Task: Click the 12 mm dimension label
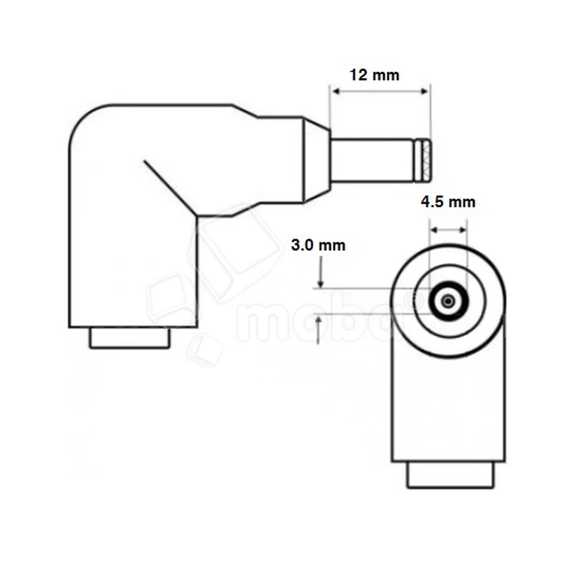pos(375,75)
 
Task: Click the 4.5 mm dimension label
pos(448,202)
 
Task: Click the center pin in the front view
pos(447,302)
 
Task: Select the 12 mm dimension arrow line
pos(380,90)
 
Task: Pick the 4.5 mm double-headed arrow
pos(448,230)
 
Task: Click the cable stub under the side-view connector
pos(129,338)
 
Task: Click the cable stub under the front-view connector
pos(449,474)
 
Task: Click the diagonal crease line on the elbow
pos(169,186)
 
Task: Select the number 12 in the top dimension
pos(359,75)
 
